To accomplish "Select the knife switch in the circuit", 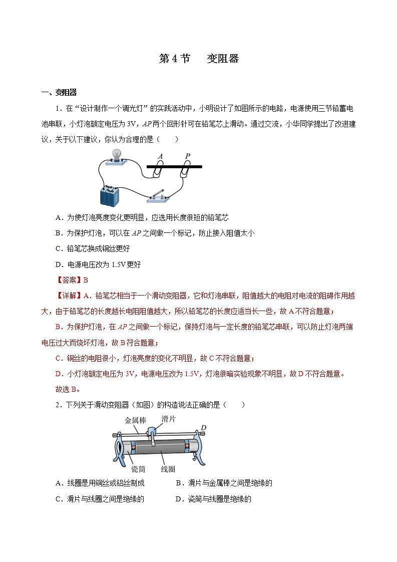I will click(161, 197).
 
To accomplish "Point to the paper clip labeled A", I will click(158, 171).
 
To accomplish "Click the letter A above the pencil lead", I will click(160, 156).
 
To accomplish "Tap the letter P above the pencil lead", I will click(188, 156).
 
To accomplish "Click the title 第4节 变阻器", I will click(199, 59).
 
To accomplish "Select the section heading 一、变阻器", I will click(59, 92).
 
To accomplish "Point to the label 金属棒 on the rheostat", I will click(135, 421).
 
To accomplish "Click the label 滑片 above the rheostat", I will click(169, 419).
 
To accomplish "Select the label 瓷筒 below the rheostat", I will click(138, 469).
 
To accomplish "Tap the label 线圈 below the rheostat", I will click(168, 469).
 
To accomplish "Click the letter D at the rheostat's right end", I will click(203, 427).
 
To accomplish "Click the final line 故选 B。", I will click(68, 389).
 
